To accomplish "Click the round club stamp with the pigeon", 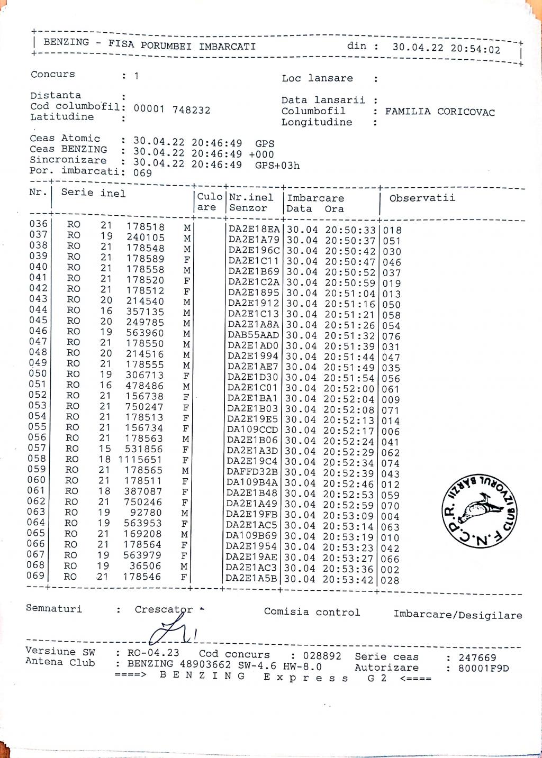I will (x=479, y=510).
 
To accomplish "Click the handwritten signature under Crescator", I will (x=169, y=631).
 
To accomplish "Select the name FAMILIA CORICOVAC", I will (x=440, y=112).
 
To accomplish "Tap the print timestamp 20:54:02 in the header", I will (x=475, y=49).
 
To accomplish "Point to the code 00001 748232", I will (x=171, y=110).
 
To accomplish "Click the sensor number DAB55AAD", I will (x=254, y=335).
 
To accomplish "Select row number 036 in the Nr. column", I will (x=39, y=224).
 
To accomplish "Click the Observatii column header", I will (x=422, y=198).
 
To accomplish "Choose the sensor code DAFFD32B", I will (x=252, y=472).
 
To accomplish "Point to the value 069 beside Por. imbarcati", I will (x=142, y=172).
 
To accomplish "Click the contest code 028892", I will (x=322, y=656).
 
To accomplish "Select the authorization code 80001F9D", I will (x=484, y=668).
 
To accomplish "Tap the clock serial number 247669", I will (x=477, y=657).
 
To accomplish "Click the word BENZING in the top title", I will (x=66, y=42).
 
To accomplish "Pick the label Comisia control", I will (x=312, y=612).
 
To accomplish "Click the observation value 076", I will (x=392, y=336).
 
